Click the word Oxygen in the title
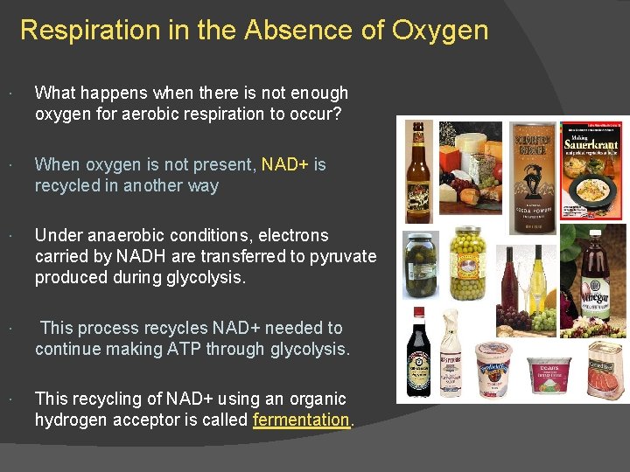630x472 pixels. (x=440, y=31)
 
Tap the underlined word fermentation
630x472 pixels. (x=301, y=420)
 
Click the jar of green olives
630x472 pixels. (x=466, y=262)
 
